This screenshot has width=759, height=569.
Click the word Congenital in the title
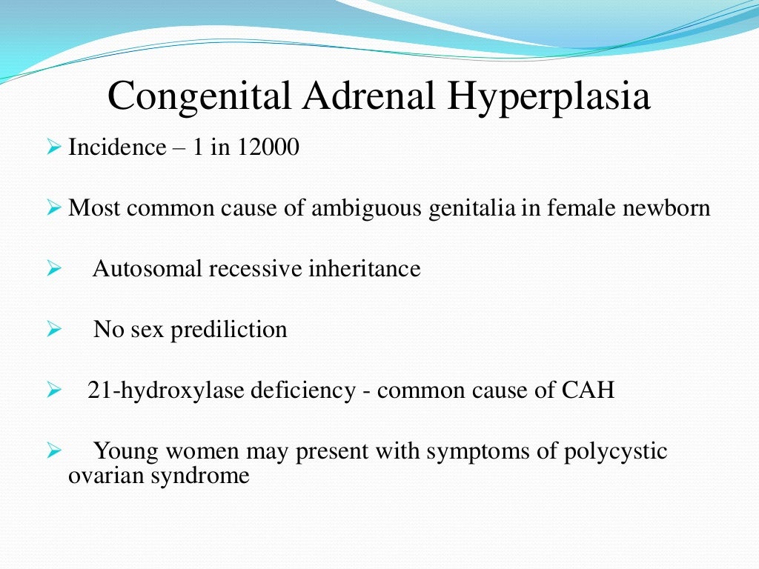point(194,98)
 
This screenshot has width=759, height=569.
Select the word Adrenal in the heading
point(353,98)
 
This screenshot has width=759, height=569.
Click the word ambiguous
point(362,208)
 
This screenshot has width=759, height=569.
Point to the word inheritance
point(363,268)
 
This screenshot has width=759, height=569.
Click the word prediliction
point(229,329)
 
